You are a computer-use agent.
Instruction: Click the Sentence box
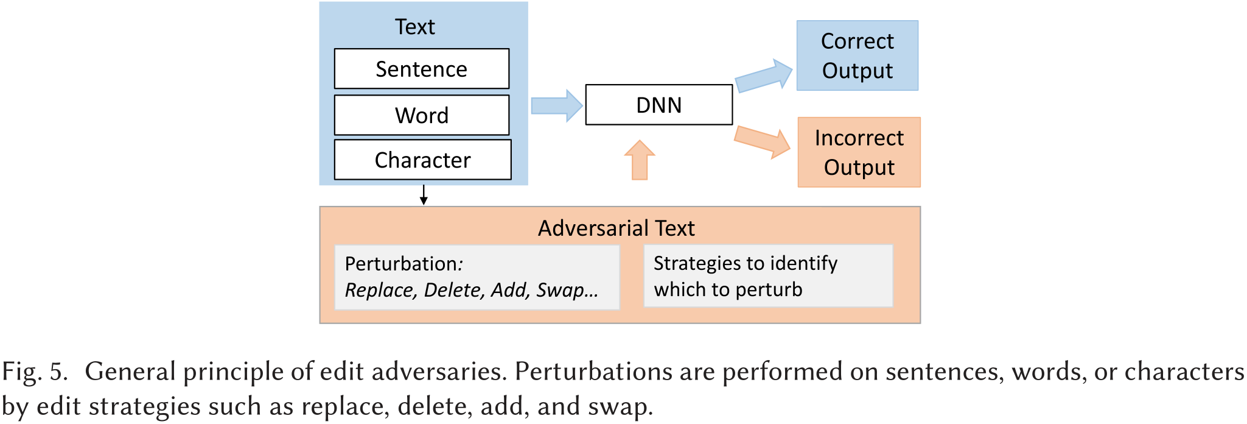tap(421, 69)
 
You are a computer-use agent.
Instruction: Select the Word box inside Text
tap(421, 115)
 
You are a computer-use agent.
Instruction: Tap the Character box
tap(422, 160)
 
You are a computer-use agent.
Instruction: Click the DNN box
tap(658, 105)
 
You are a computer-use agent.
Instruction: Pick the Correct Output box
tap(857, 55)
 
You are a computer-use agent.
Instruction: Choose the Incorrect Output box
tap(859, 152)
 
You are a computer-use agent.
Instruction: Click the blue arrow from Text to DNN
tap(556, 105)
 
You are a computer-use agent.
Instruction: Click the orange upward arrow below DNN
tap(639, 160)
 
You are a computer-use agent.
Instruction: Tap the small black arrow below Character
tap(424, 195)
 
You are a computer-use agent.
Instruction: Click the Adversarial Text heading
tap(616, 228)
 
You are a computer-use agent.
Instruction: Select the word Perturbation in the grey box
tap(400, 264)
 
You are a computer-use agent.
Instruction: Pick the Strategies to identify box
tap(768, 276)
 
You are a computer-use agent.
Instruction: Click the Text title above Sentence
tap(414, 27)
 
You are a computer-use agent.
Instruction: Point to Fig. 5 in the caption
tap(34, 372)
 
